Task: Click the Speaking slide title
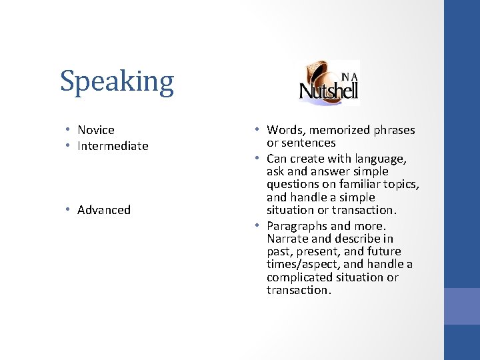[117, 82]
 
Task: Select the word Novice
[96, 130]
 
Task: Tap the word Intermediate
[113, 146]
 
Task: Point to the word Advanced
[104, 210]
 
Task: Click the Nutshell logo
[329, 84]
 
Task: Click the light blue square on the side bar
[462, 306]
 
